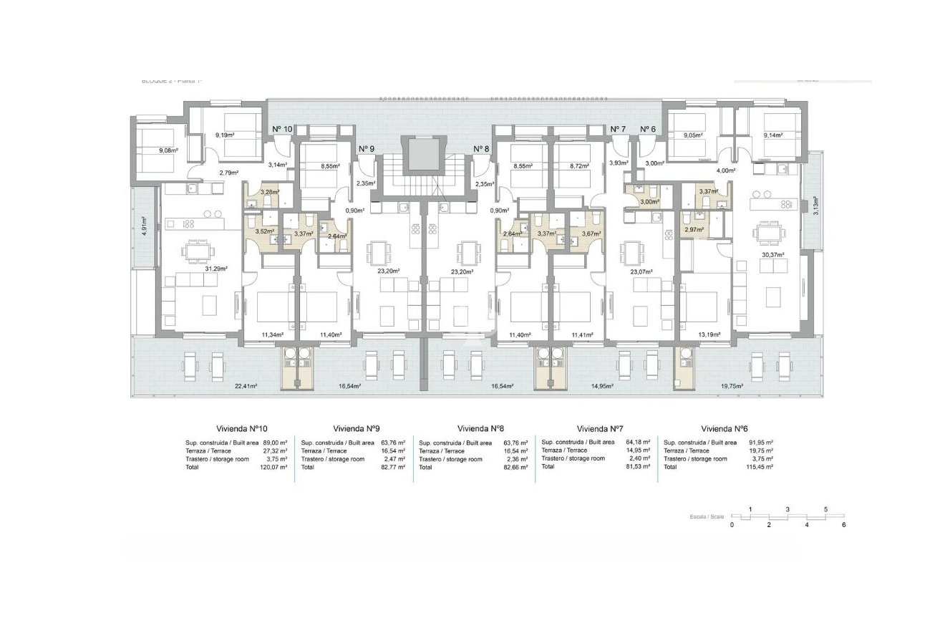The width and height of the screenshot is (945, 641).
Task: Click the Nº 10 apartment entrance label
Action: (282, 129)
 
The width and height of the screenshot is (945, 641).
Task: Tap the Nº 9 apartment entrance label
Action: (366, 148)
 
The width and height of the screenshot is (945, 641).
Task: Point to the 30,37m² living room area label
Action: (767, 255)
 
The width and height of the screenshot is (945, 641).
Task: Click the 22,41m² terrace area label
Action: (246, 385)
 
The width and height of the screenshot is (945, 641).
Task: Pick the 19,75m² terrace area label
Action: (732, 385)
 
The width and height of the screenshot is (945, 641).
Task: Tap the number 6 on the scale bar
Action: (844, 525)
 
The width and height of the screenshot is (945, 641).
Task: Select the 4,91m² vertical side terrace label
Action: (144, 226)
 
